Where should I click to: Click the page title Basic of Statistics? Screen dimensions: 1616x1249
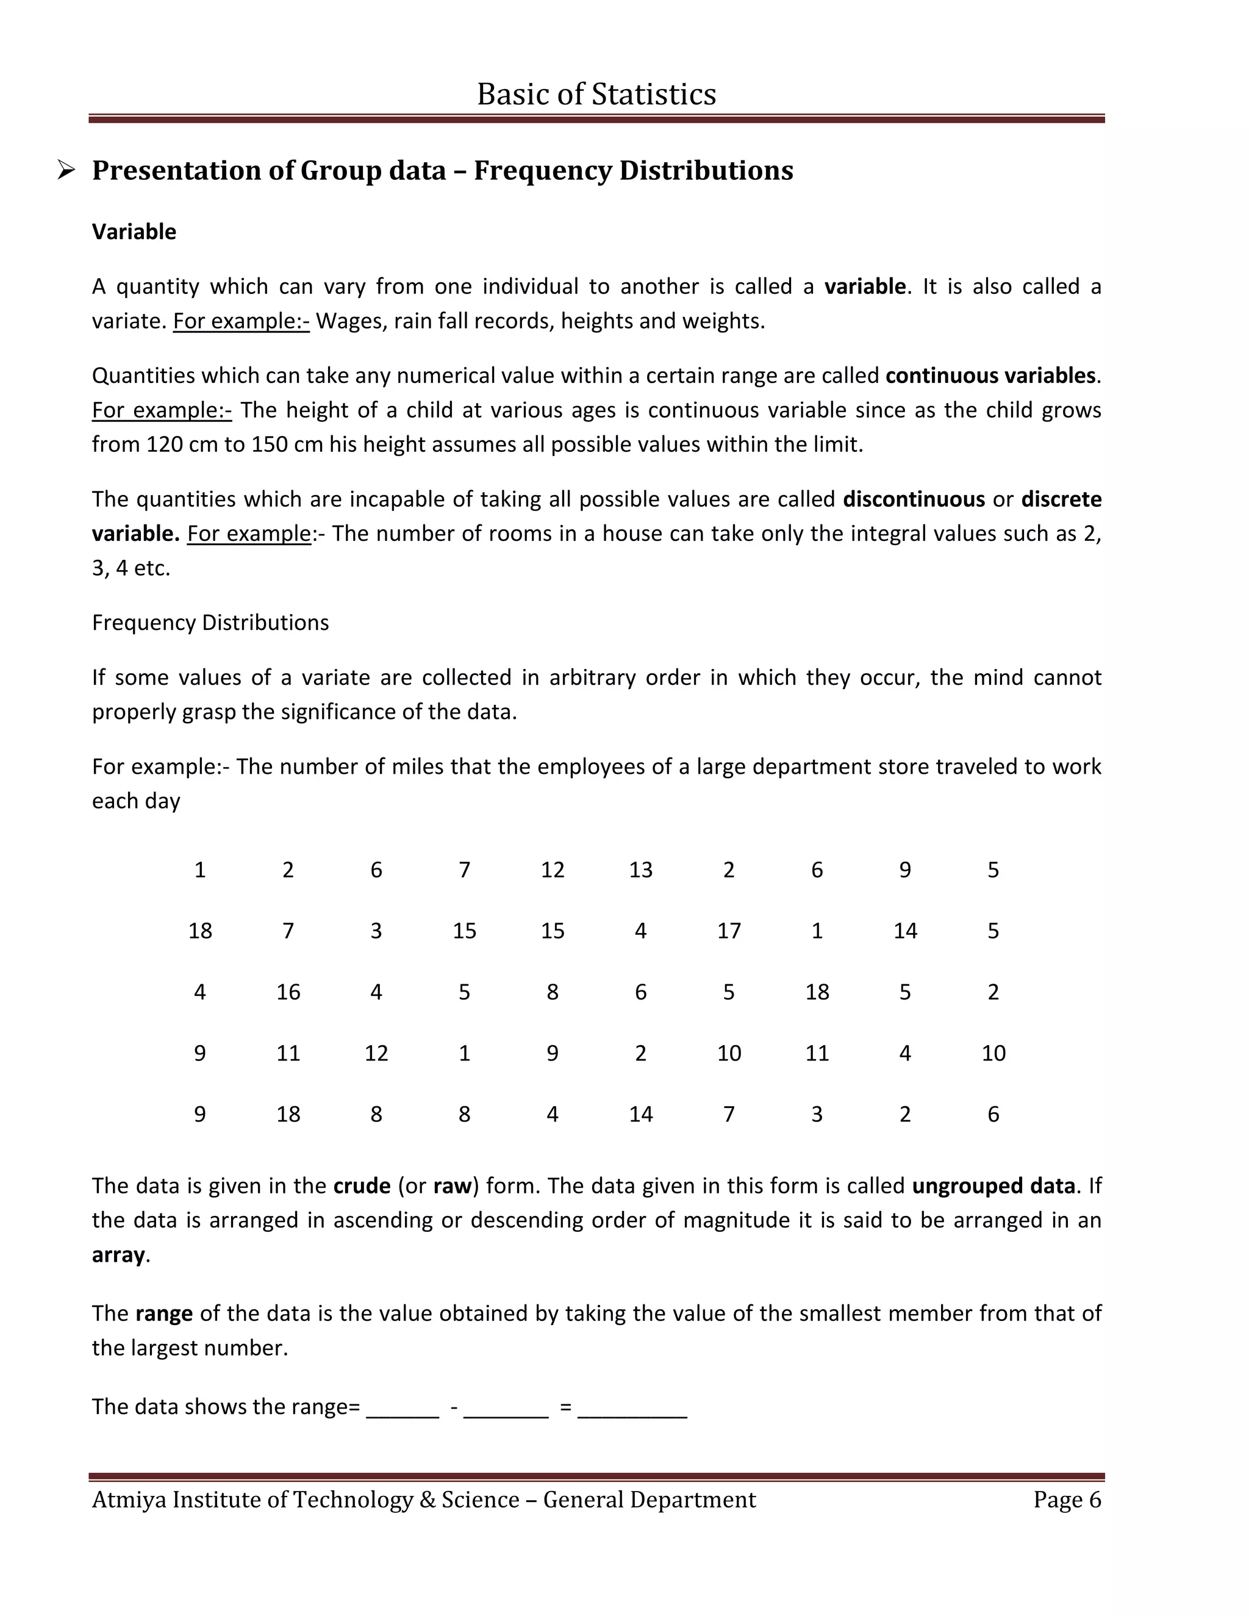click(x=596, y=94)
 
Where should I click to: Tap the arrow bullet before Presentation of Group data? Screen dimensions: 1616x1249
click(x=66, y=171)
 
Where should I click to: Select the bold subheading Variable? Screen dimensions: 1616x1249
click(x=134, y=232)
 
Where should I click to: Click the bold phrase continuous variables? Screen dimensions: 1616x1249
click(x=990, y=375)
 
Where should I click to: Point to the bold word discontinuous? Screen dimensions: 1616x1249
click(x=914, y=499)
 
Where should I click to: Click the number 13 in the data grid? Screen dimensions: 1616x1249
click(x=641, y=870)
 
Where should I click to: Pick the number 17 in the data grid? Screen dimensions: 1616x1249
click(x=729, y=930)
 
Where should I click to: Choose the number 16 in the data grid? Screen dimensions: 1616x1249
click(x=288, y=992)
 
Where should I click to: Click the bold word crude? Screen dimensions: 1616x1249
click(x=362, y=1185)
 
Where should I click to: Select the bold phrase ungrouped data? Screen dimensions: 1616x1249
click(x=993, y=1185)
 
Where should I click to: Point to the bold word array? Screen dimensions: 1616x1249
click(x=118, y=1254)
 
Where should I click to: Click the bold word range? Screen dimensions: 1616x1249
click(x=164, y=1313)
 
